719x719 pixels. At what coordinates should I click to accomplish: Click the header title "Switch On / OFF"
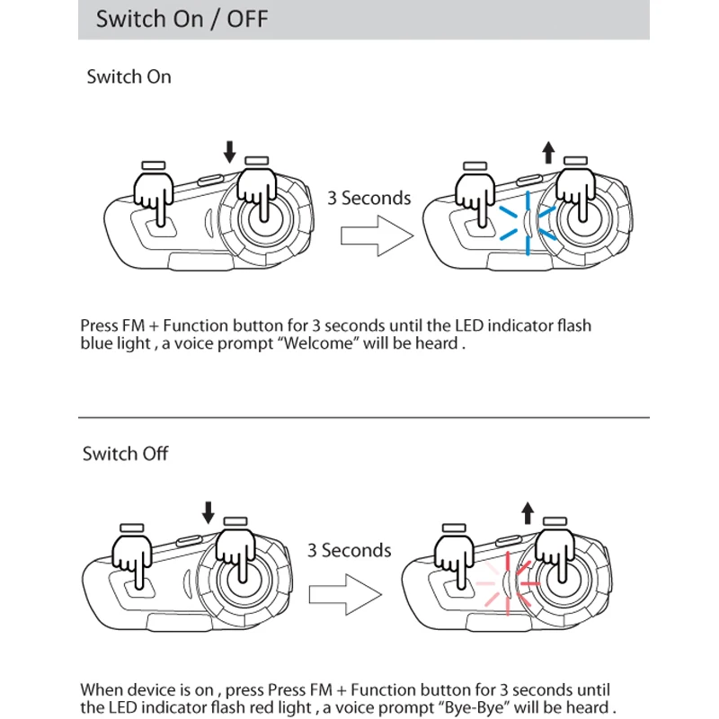pyautogui.click(x=182, y=19)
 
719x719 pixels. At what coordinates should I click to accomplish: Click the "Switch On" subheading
pyautogui.click(x=129, y=76)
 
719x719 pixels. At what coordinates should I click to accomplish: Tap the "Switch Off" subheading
pyautogui.click(x=125, y=454)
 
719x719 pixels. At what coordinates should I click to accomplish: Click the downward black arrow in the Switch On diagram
pyautogui.click(x=229, y=152)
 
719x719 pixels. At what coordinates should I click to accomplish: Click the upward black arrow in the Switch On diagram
pyautogui.click(x=548, y=152)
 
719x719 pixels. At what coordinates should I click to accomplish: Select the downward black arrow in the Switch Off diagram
pyautogui.click(x=209, y=512)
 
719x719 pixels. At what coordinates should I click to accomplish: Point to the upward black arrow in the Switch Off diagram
pyautogui.click(x=528, y=512)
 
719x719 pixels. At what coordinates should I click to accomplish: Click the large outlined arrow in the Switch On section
pyautogui.click(x=377, y=235)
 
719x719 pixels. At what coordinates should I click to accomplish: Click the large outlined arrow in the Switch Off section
pyautogui.click(x=345, y=594)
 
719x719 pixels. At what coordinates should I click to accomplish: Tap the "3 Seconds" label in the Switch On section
pyautogui.click(x=369, y=198)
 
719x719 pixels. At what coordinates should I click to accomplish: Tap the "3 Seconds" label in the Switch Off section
pyautogui.click(x=349, y=550)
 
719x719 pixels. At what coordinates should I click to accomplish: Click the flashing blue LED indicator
pyautogui.click(x=528, y=223)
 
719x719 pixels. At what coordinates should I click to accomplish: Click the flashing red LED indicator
pyautogui.click(x=507, y=583)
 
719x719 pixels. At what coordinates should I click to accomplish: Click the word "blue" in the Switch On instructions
pyautogui.click(x=95, y=343)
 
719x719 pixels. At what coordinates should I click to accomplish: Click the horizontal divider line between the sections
pyautogui.click(x=364, y=417)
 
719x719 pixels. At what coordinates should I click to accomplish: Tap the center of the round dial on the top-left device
pyautogui.click(x=264, y=219)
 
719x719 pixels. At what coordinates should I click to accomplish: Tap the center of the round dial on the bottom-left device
pyautogui.click(x=243, y=581)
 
